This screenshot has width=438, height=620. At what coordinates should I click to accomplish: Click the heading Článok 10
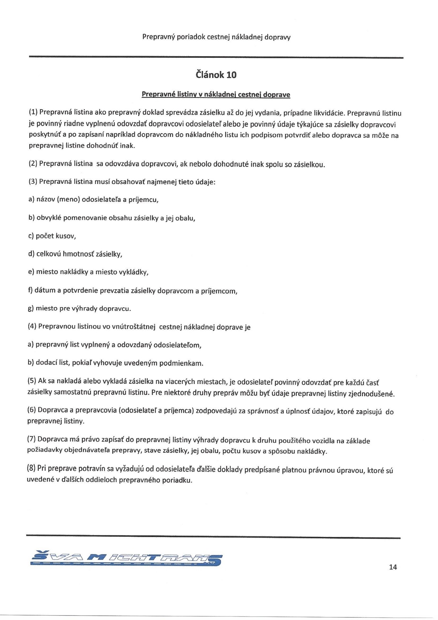point(216,75)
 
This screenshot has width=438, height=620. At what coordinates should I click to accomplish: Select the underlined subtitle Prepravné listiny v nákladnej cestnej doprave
point(216,95)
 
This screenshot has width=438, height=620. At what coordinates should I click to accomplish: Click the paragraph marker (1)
point(34,112)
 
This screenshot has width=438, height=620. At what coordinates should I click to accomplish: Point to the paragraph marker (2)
point(33,163)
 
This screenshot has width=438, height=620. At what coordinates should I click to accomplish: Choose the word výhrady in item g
point(85,308)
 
